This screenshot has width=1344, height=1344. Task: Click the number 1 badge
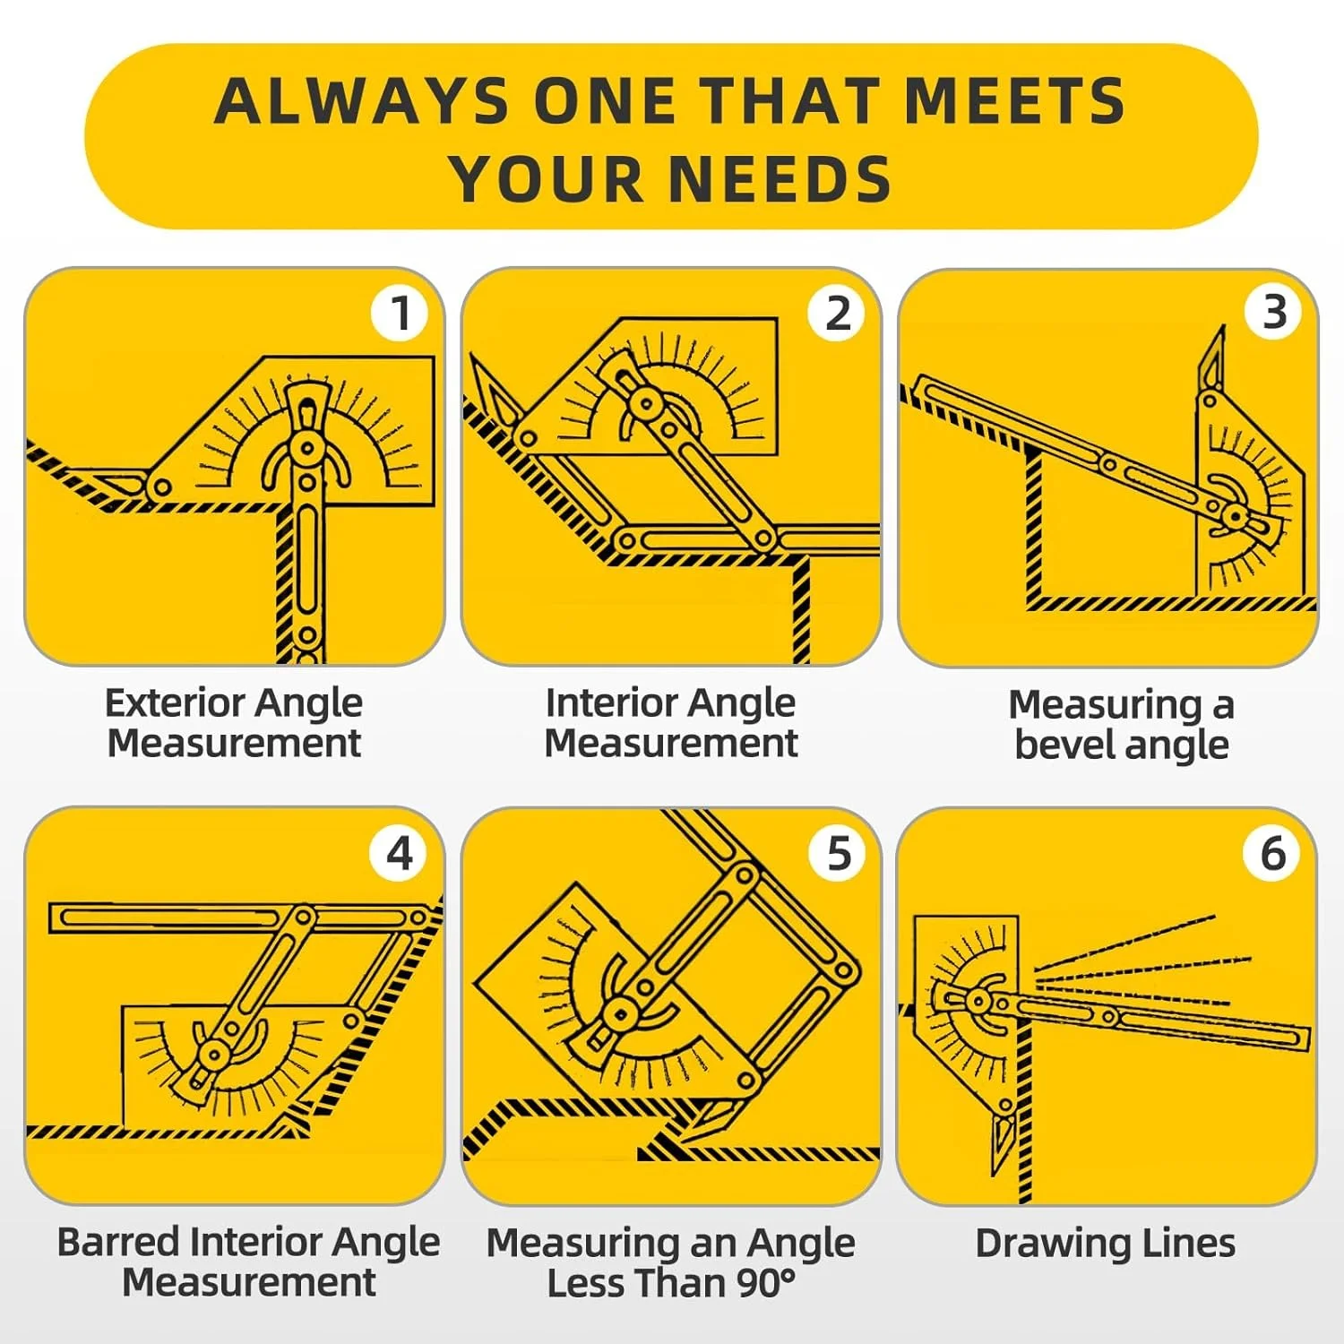click(400, 313)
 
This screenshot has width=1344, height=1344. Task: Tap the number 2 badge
click(837, 313)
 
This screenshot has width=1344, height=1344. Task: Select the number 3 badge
click(1274, 313)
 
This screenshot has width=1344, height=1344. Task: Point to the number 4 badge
click(400, 853)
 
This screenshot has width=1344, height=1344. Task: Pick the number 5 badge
click(837, 853)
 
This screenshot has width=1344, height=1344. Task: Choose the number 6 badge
click(1272, 853)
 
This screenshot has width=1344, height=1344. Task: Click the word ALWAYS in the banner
click(364, 100)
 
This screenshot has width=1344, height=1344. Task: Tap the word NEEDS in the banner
click(781, 179)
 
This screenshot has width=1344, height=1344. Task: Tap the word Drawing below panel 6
click(1040, 1245)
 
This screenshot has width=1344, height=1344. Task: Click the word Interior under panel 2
click(609, 702)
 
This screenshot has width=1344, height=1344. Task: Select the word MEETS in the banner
click(1014, 100)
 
